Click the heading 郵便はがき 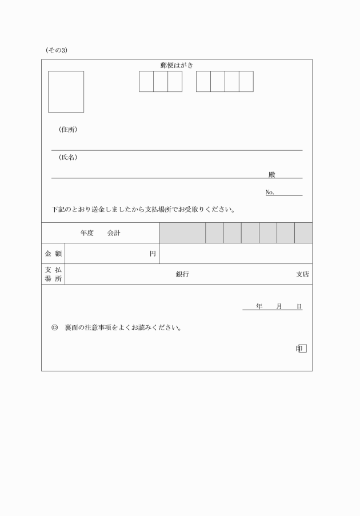click(x=177, y=65)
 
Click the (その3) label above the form click(x=57, y=50)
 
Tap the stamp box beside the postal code click(x=66, y=91)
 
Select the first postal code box click(x=146, y=81)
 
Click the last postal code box click(x=246, y=81)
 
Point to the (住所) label click(x=68, y=130)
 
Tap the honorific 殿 click(x=272, y=175)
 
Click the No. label click(x=270, y=192)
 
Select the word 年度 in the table click(x=87, y=233)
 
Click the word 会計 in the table click(x=114, y=233)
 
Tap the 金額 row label click(x=53, y=253)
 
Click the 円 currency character click(x=153, y=254)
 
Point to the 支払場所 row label click(x=53, y=274)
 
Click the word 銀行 click(x=182, y=274)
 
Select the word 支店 click(x=302, y=274)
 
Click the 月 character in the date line click(x=279, y=307)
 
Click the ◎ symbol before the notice click(x=54, y=328)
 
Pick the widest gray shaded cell click(x=182, y=233)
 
